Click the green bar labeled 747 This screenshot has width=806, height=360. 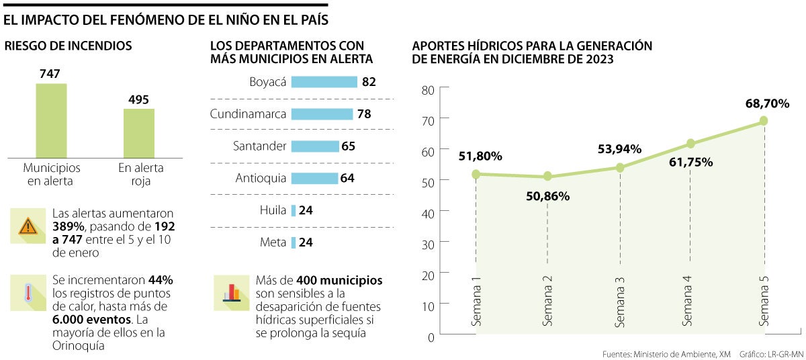coord(51,120)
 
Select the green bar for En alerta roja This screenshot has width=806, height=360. coord(139,132)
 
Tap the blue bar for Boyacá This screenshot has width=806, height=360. coord(324,82)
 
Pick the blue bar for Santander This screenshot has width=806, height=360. coord(315,146)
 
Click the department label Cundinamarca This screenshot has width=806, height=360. coord(248,114)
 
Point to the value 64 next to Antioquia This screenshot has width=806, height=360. coord(347,179)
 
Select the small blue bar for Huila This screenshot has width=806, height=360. coord(294,211)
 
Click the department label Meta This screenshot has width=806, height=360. coord(273,242)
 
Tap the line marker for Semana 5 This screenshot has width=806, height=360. coord(764,121)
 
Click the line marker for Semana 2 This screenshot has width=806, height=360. coord(547,177)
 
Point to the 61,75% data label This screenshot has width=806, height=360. coord(690,163)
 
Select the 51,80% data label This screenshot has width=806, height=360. coord(480,156)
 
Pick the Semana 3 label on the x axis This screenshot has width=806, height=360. coord(620,302)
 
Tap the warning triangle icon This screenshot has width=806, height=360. coord(28,226)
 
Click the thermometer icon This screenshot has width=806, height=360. coord(28,293)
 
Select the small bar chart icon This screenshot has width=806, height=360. coord(232,293)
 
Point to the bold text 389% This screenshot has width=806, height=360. coord(68,227)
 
